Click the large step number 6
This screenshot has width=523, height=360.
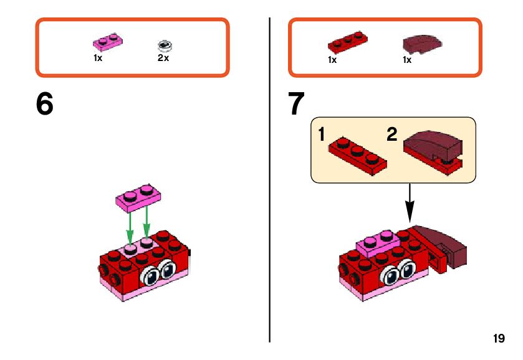click(45, 105)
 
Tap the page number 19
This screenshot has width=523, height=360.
click(498, 339)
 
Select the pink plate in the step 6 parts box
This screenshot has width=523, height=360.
click(107, 42)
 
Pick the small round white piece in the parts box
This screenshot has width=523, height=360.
click(165, 45)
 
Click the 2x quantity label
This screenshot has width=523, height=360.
click(163, 58)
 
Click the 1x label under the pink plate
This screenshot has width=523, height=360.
click(98, 58)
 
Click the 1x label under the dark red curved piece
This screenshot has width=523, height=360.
click(407, 60)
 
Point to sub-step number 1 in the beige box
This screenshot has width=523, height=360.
click(322, 135)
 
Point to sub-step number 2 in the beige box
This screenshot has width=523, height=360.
click(391, 135)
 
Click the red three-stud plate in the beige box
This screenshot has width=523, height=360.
click(357, 154)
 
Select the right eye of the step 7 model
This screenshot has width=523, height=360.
click(409, 270)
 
